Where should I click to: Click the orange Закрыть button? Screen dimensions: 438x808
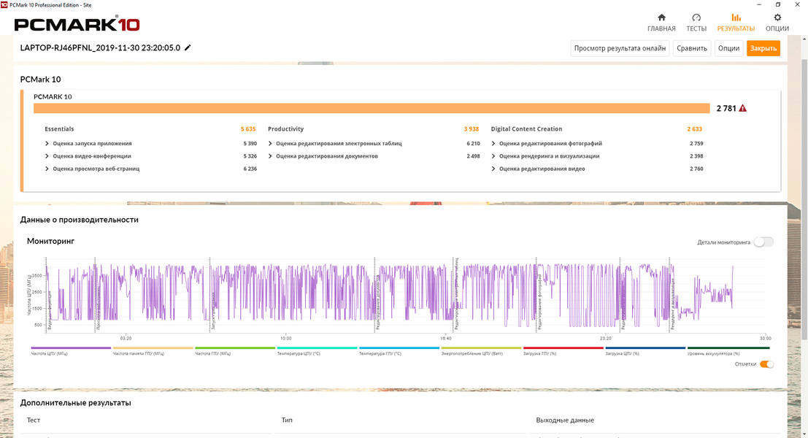click(x=763, y=48)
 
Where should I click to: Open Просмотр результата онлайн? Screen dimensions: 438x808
click(x=620, y=48)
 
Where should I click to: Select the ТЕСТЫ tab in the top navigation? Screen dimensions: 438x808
click(x=696, y=22)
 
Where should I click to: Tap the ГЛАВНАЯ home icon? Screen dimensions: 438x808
click(x=661, y=18)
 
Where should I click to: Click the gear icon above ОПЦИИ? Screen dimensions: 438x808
click(x=777, y=18)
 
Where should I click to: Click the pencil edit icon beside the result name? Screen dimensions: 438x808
click(x=188, y=47)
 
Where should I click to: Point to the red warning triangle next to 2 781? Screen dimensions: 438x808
click(x=743, y=108)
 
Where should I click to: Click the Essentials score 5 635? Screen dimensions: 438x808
click(x=248, y=129)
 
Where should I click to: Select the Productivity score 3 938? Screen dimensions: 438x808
click(x=472, y=129)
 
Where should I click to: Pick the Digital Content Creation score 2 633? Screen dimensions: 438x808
click(x=694, y=129)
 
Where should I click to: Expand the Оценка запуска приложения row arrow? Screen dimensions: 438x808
click(x=47, y=144)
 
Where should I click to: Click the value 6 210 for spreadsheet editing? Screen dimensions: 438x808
click(x=473, y=144)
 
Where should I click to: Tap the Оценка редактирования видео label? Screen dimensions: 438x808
click(x=542, y=169)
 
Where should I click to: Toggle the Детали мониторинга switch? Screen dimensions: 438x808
click(x=763, y=242)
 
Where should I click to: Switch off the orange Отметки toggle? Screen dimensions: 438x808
click(x=766, y=364)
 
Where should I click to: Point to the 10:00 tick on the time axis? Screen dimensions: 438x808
click(x=285, y=339)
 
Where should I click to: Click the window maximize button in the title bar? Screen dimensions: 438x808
click(x=778, y=4)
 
